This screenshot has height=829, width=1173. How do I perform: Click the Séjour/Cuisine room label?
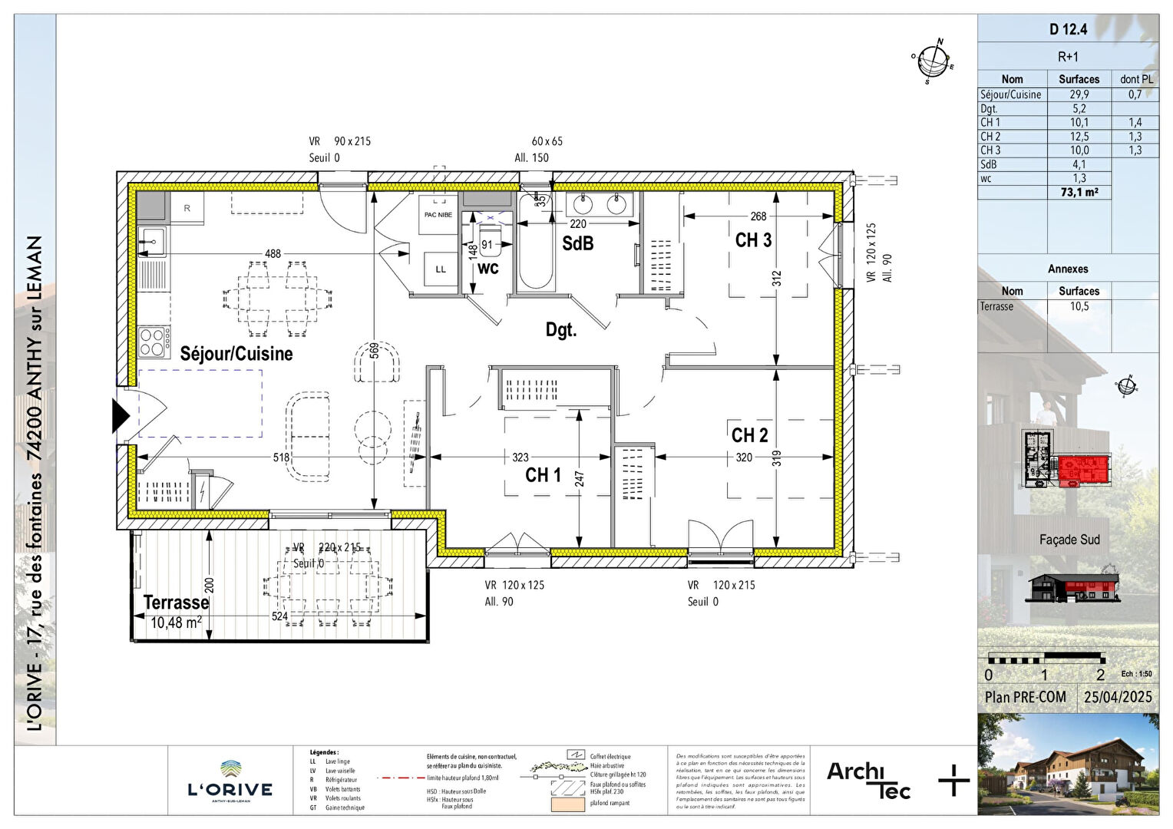click(236, 354)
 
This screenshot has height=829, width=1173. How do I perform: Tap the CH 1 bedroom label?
click(543, 475)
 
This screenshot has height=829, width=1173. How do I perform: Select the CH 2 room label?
click(749, 435)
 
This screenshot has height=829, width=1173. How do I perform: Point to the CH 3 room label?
click(753, 240)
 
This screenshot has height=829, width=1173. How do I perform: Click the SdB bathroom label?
click(577, 243)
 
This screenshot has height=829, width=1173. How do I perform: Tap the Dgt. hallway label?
click(560, 330)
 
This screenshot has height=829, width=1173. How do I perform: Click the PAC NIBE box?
click(438, 214)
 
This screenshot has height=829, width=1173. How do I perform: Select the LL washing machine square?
click(441, 269)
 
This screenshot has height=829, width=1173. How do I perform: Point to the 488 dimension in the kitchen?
click(273, 253)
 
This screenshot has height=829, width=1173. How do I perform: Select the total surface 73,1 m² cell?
click(1079, 192)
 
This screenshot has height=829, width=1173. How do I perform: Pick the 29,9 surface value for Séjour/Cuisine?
click(1079, 94)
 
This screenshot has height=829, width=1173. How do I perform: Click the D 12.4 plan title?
click(1068, 30)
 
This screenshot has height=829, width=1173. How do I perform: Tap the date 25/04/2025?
click(1118, 697)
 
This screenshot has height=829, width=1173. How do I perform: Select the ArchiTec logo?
click(868, 780)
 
